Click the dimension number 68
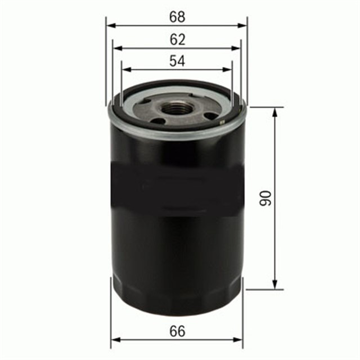(177, 16)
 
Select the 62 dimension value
(177, 39)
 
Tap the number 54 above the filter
(177, 61)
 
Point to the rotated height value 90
(265, 197)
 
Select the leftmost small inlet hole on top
(146, 102)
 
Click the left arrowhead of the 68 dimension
(110, 25)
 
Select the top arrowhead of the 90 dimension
(275, 111)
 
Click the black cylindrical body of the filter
(177, 225)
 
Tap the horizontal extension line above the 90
(264, 107)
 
